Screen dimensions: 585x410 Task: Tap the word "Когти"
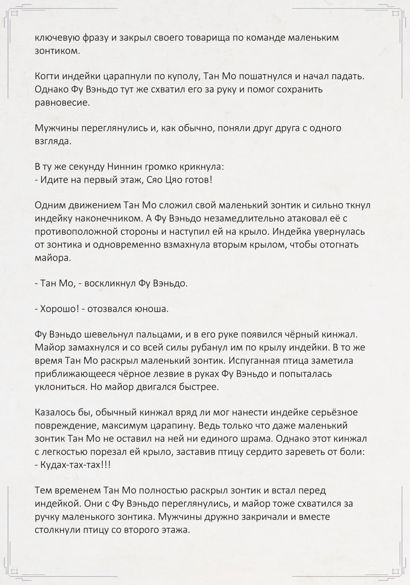[46, 76]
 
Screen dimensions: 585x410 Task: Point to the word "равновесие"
[62, 102]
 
